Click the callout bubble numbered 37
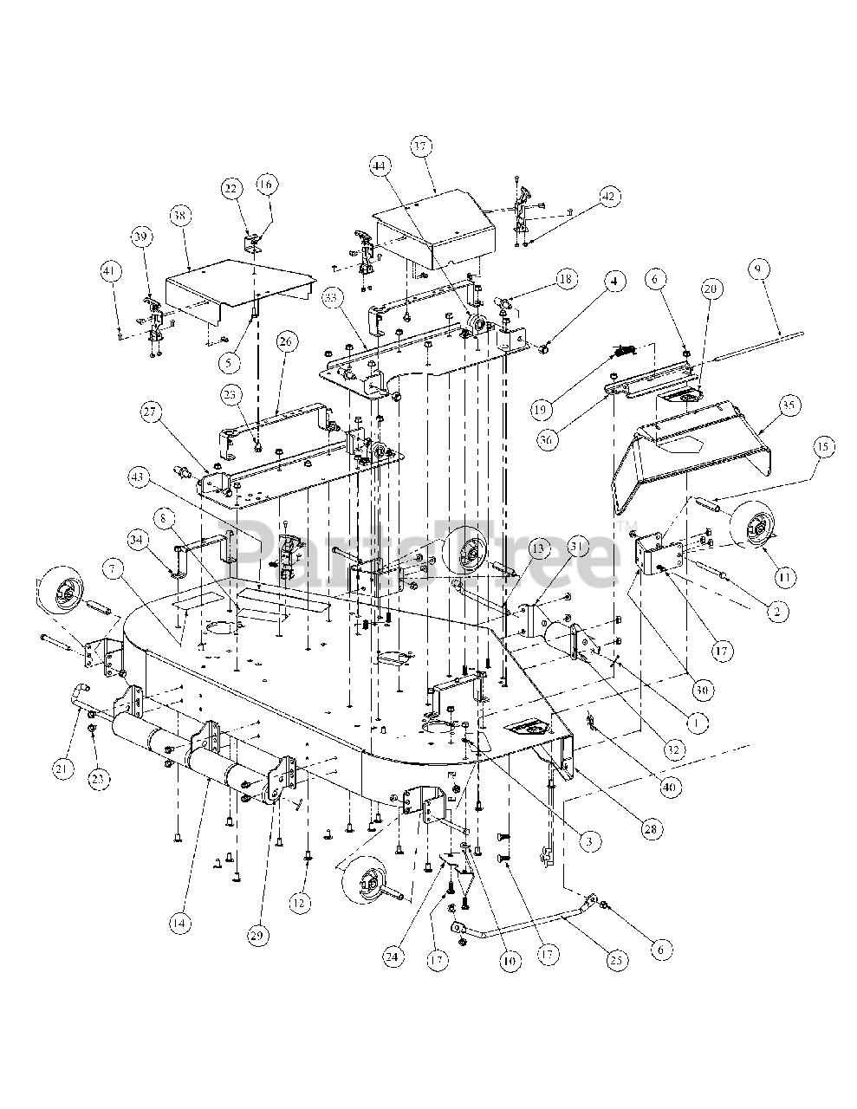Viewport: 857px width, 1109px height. (x=421, y=146)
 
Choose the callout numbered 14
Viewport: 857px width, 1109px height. (x=178, y=923)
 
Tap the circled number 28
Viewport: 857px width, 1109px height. (x=650, y=829)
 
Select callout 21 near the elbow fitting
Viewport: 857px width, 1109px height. (x=62, y=766)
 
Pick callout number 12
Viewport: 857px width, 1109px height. (x=299, y=903)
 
